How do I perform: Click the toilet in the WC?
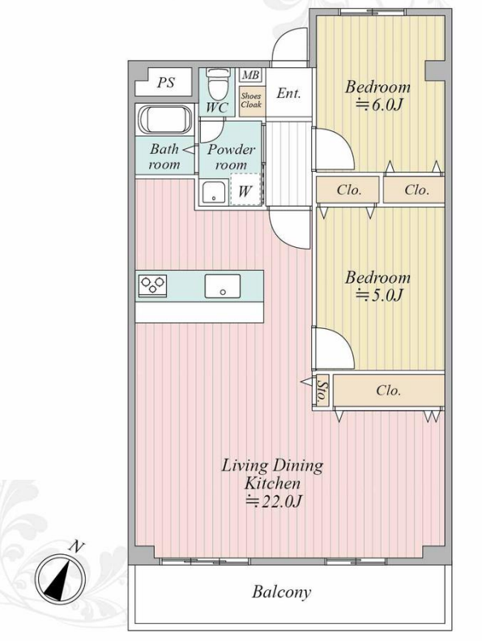(x=215, y=84)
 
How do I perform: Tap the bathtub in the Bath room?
(x=164, y=119)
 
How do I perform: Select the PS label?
(x=166, y=83)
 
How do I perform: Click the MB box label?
(x=250, y=75)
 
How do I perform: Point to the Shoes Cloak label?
(x=251, y=100)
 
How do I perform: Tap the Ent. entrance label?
(x=288, y=93)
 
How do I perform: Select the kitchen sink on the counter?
(x=223, y=286)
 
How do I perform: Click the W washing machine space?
(x=245, y=190)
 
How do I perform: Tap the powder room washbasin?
(x=215, y=192)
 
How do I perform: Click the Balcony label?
(x=281, y=592)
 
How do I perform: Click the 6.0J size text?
(x=379, y=105)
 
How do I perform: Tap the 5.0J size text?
(x=379, y=295)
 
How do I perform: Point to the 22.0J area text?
(x=273, y=502)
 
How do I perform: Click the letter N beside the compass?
(x=77, y=546)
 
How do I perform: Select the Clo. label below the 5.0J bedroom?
(x=388, y=391)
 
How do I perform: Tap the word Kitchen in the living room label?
(x=272, y=484)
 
